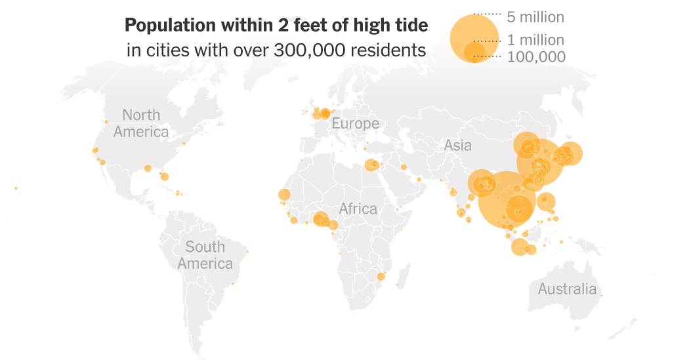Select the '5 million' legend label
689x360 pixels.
pos(535,17)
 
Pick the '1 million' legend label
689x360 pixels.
pos(535,41)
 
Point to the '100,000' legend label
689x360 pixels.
pos(536,57)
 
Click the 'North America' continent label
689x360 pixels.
pos(141,123)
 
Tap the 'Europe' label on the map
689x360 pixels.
pos(355,123)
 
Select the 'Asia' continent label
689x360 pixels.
pos(457,146)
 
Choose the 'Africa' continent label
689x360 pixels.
pos(358,209)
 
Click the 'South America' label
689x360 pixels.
pos(205,255)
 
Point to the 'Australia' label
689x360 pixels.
pos(567,289)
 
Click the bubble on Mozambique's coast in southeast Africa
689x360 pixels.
pos(381,277)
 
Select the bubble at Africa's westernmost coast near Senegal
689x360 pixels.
pos(284,195)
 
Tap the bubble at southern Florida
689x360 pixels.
pos(164,176)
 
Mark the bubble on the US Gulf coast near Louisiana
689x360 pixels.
pos(148,168)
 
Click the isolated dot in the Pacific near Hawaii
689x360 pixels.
pos(16,188)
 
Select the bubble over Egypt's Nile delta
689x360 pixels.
pos(372,165)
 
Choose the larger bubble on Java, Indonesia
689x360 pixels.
pos(519,247)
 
